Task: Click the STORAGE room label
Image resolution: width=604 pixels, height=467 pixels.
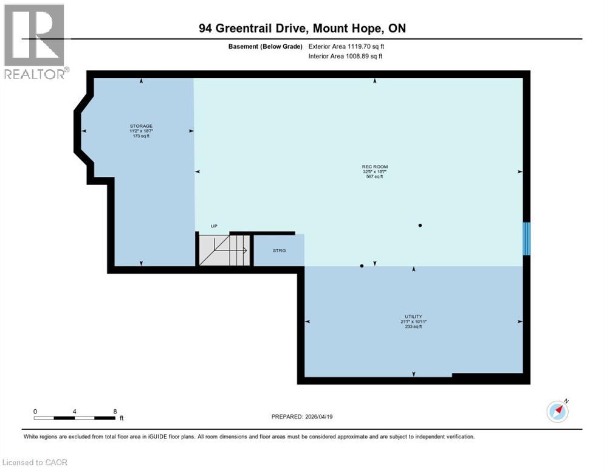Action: point(141,126)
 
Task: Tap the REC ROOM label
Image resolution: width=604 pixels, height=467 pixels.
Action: point(375,167)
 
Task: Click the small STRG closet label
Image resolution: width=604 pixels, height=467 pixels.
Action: point(279,250)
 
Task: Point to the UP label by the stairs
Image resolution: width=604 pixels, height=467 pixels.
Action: point(214,226)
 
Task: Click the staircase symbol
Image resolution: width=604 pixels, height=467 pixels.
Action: point(223,250)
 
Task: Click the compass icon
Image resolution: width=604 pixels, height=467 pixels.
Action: point(557,411)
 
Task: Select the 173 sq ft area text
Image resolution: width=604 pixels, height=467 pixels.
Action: point(141,136)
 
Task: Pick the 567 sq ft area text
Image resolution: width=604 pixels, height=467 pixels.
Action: point(375,176)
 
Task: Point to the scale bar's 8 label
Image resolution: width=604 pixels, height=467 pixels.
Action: point(115,411)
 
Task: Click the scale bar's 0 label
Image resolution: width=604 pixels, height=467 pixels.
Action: point(35,411)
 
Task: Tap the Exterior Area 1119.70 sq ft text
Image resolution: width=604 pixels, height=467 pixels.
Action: point(346,46)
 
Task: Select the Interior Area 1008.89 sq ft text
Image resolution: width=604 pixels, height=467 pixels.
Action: point(346,57)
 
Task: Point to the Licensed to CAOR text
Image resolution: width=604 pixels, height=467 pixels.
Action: point(35,462)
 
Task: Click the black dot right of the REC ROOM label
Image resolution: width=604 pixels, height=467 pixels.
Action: point(420,225)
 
